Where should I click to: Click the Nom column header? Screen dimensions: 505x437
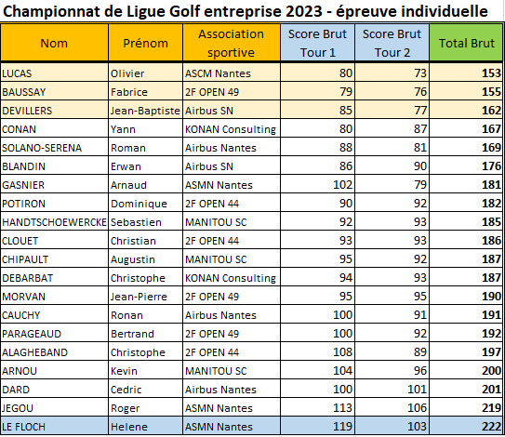coord(54,43)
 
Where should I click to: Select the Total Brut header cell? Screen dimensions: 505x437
coord(466,43)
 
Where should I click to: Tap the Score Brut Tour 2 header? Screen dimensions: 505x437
coord(392,43)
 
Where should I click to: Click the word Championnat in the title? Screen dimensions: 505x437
coord(51,12)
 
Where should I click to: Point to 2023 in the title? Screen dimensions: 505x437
coord(304,11)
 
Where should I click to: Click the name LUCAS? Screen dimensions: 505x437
coord(17,73)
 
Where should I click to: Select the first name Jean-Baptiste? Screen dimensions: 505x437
coord(145,111)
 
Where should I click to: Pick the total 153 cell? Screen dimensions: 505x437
coord(491,73)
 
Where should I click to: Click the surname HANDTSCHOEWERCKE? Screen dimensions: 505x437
coord(55,222)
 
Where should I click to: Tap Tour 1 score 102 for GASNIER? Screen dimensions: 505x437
coord(342,184)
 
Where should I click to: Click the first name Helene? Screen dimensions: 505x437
coord(129,427)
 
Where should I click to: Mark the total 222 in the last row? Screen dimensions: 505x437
coord(491,427)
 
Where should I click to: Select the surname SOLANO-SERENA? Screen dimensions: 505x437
coord(42,148)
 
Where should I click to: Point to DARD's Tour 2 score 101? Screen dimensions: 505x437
coord(417,389)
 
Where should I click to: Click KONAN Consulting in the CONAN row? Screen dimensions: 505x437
coord(231,129)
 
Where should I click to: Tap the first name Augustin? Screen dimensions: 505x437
coord(133,259)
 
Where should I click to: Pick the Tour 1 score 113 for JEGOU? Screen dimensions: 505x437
coord(342,407)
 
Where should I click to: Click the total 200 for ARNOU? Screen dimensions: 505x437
coord(491,371)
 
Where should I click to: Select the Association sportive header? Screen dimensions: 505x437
coord(231,43)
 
